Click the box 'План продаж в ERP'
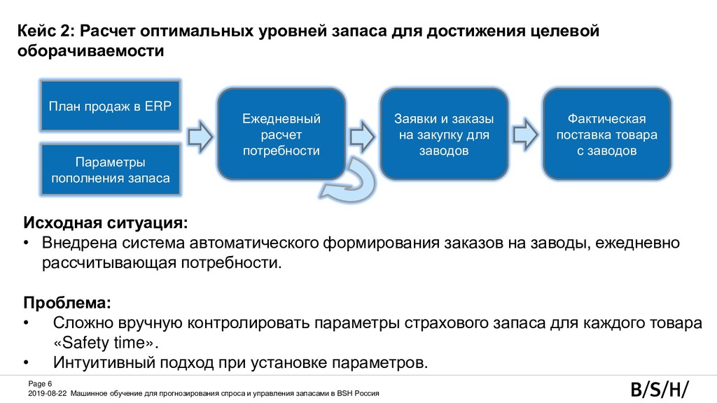[x=110, y=106]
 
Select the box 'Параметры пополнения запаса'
[x=110, y=170]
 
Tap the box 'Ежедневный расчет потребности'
[x=281, y=134]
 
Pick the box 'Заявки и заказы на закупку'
[x=443, y=134]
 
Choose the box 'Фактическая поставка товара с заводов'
[x=606, y=134]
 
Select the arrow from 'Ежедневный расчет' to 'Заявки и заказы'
[x=362, y=134]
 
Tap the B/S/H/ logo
[x=659, y=389]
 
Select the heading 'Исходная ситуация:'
[x=106, y=223]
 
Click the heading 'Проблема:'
[x=67, y=304]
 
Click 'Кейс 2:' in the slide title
[x=46, y=31]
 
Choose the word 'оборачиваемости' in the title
[x=90, y=52]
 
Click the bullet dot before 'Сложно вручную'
[x=27, y=324]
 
